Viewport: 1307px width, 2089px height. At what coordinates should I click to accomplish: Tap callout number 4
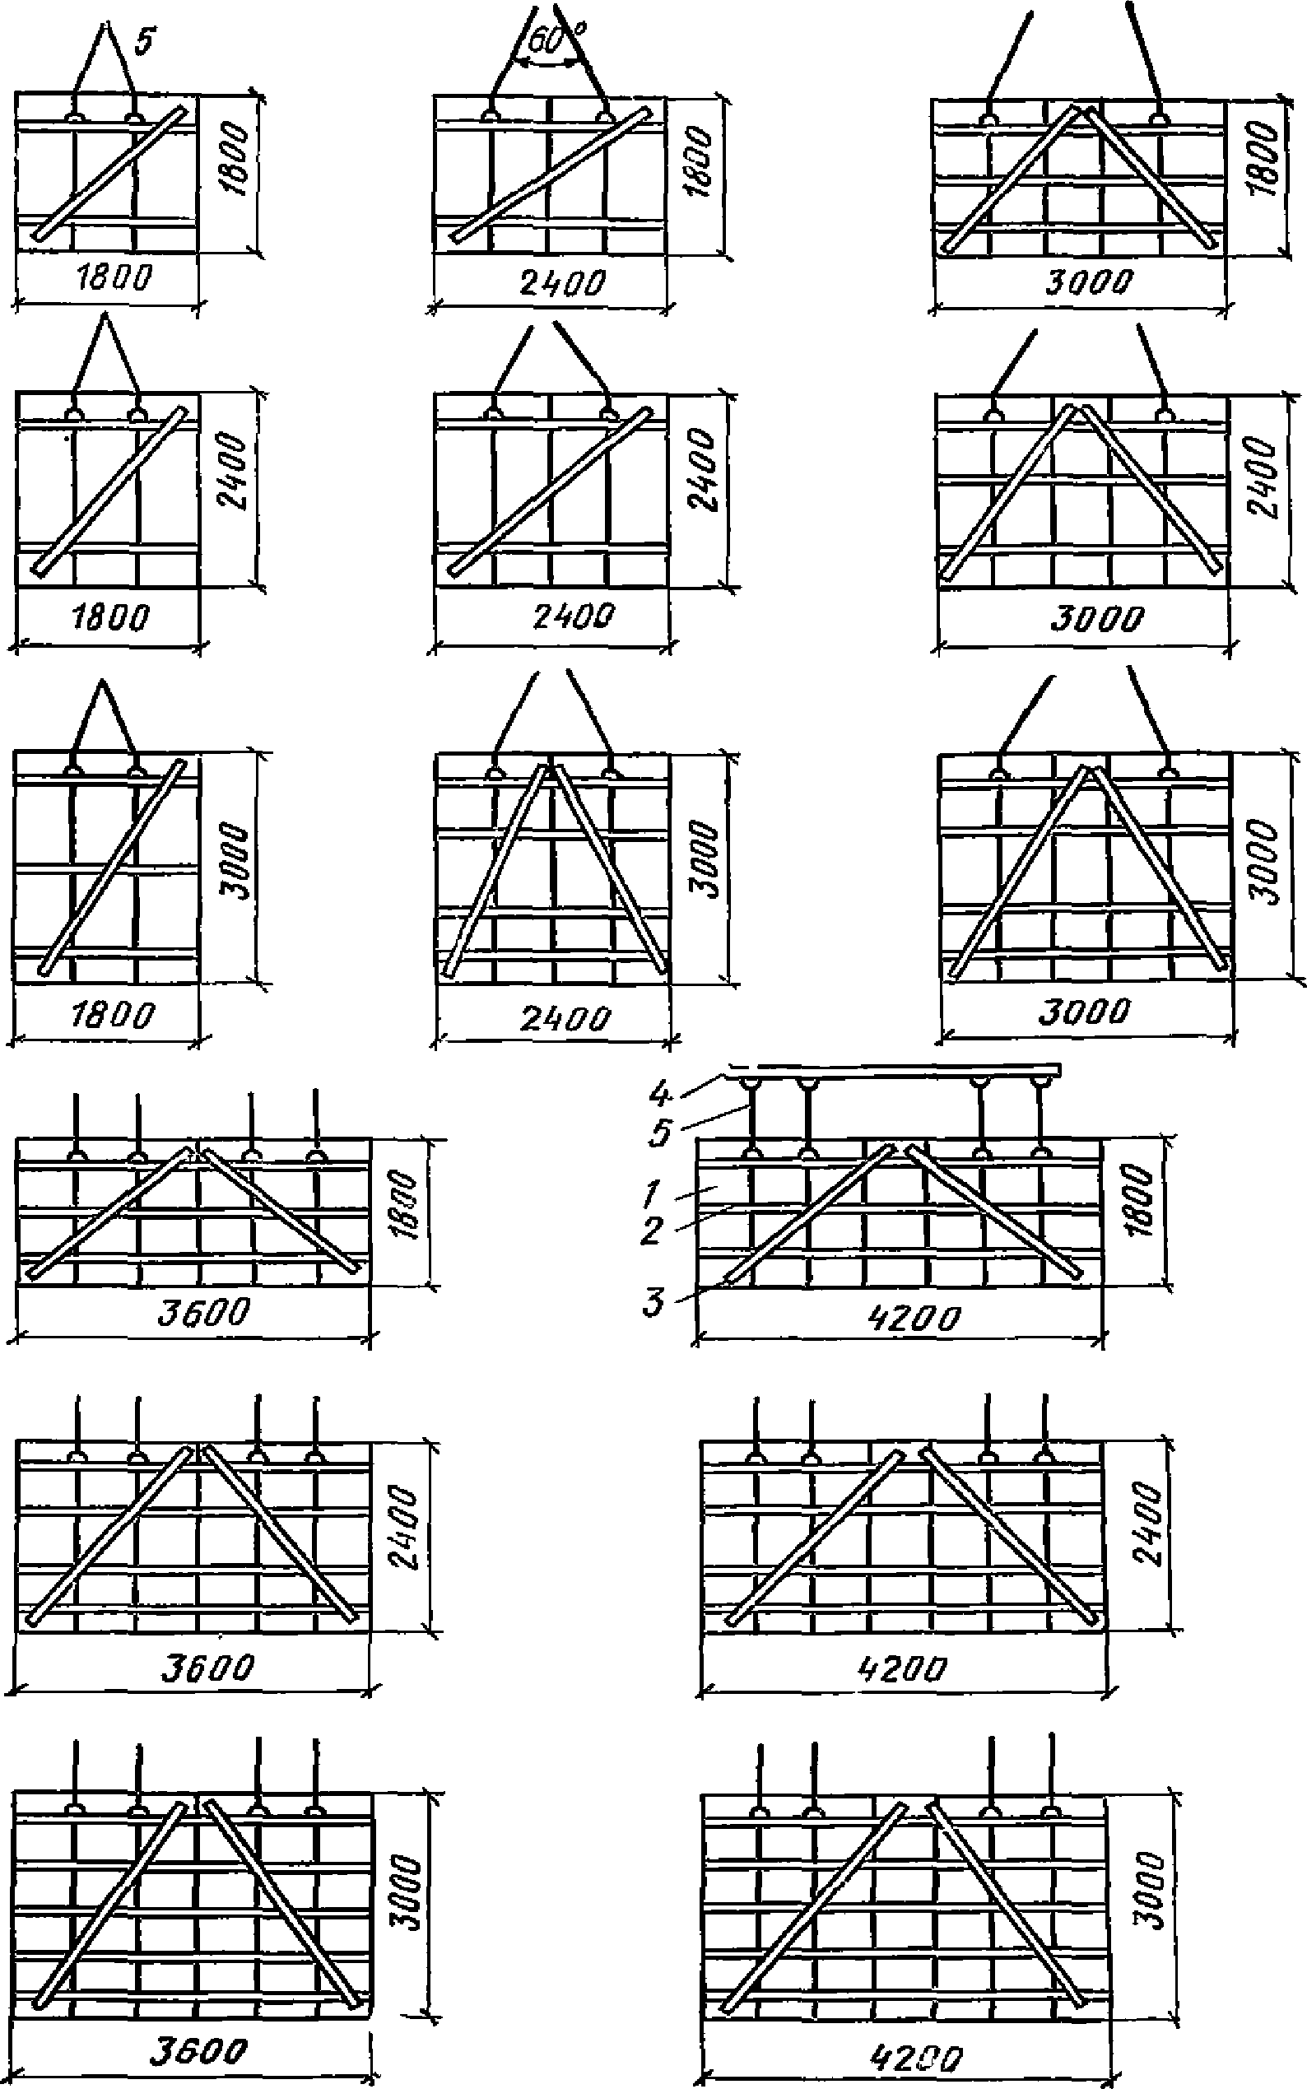(x=659, y=1095)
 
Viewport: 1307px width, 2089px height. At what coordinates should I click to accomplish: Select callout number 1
(x=653, y=1195)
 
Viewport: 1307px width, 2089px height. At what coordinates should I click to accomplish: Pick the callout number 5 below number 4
(x=661, y=1133)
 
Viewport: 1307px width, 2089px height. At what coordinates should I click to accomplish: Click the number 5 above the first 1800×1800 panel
(x=145, y=40)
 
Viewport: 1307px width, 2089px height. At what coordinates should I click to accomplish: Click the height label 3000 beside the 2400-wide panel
(x=706, y=860)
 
